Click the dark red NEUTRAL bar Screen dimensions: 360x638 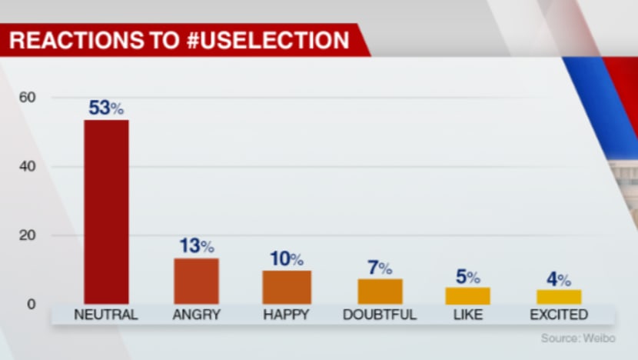pos(106,212)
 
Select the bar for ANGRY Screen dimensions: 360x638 pos(196,281)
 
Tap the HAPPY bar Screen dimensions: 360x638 pos(287,287)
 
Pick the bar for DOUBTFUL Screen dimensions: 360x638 pos(380,292)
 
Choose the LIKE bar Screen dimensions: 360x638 pos(468,295)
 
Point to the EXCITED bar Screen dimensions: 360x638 pos(559,297)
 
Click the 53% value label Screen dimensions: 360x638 pos(106,108)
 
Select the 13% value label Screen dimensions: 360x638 pos(196,246)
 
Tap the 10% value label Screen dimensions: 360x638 pos(287,259)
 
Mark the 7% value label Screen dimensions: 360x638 pos(380,268)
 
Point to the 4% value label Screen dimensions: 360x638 pos(559,279)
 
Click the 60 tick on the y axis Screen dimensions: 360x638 pos(28,98)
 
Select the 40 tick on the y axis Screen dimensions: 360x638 pos(28,167)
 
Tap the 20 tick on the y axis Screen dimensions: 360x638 pos(28,235)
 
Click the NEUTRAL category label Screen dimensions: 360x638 pos(106,315)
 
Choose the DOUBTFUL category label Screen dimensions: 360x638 pos(380,315)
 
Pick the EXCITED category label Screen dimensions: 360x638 pos(559,315)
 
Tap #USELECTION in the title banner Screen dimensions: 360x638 pos(268,39)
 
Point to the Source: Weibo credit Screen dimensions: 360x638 pos(578,338)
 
